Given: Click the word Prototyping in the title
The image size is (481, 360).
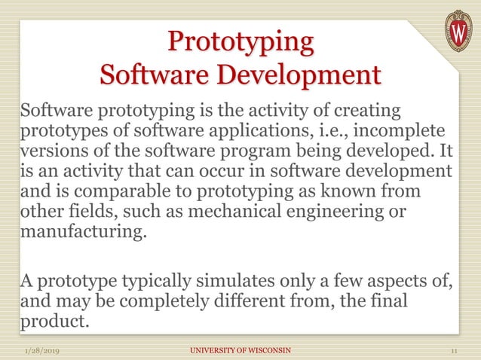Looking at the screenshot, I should (240, 41).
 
